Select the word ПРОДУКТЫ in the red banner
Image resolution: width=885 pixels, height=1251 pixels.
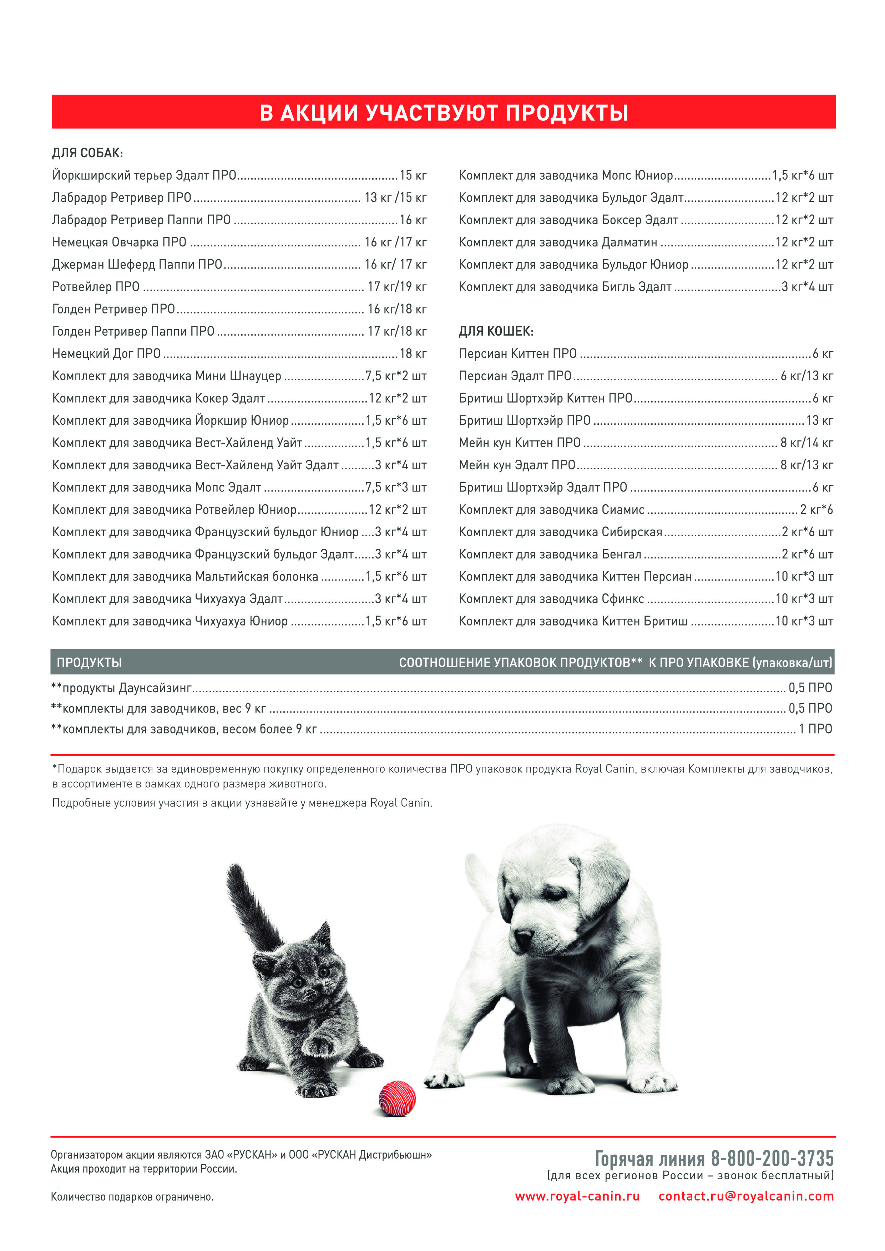click(x=567, y=113)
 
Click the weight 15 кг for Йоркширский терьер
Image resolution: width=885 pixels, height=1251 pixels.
click(x=413, y=175)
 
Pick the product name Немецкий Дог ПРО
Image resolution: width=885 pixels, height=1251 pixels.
click(x=106, y=354)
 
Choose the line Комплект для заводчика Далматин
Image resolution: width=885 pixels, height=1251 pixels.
click(x=558, y=242)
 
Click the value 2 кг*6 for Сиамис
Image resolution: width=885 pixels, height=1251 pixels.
click(x=816, y=510)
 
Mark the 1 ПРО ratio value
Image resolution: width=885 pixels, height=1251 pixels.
click(x=815, y=729)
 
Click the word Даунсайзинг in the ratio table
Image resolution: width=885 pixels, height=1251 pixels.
click(x=155, y=688)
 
